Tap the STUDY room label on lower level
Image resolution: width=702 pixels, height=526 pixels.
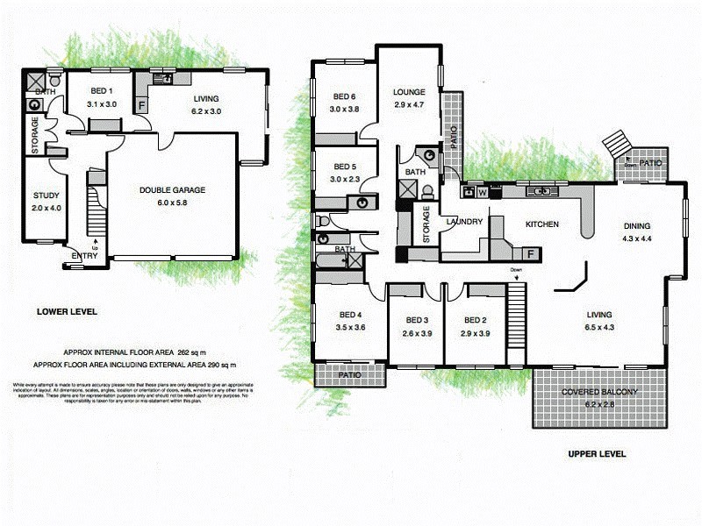(x=46, y=195)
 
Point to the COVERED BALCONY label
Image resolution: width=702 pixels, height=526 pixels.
(x=599, y=391)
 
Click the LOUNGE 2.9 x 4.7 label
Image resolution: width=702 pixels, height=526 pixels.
(x=408, y=91)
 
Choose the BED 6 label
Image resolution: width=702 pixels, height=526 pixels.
(x=343, y=96)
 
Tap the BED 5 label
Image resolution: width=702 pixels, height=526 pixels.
(x=343, y=167)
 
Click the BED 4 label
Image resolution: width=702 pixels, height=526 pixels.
(x=350, y=315)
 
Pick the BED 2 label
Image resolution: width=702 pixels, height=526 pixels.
(x=475, y=320)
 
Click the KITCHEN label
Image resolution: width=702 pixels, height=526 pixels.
(x=541, y=224)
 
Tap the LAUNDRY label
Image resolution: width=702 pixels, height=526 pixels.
(x=464, y=223)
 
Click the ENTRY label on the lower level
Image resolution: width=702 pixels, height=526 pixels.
(x=84, y=256)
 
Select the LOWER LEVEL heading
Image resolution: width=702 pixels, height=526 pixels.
(x=67, y=311)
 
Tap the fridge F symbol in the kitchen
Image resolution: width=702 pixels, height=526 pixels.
(x=529, y=254)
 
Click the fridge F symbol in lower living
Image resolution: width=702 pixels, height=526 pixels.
(x=142, y=105)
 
